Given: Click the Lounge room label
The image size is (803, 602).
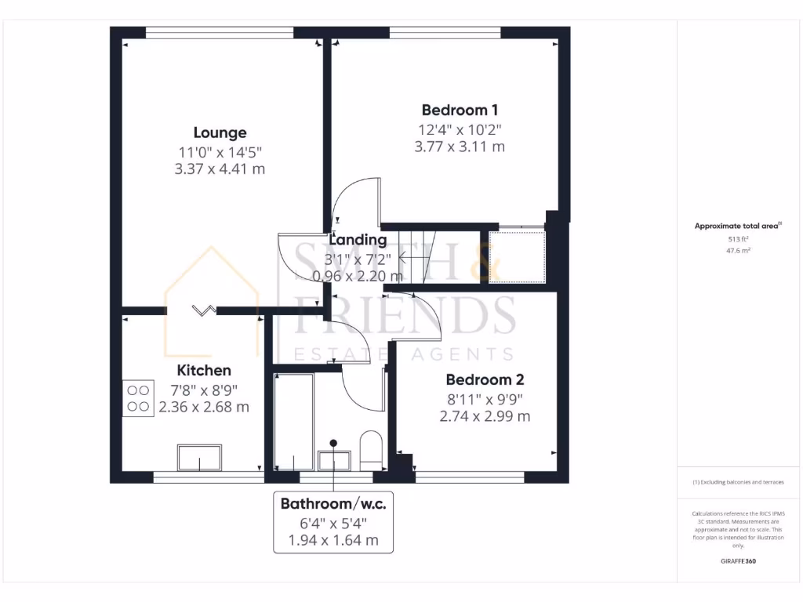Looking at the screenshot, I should point(220,133).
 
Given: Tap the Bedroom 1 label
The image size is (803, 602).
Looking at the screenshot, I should point(460,111).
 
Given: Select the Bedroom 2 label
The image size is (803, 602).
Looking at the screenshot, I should point(485,380).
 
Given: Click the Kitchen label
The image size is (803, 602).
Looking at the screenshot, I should point(204,371).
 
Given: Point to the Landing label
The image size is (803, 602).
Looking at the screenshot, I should point(358,240).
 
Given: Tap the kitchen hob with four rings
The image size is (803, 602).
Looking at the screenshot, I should point(138,397).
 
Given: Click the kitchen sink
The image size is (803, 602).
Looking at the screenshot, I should point(199,457).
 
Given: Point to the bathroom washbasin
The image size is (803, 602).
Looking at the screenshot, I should point(334,460).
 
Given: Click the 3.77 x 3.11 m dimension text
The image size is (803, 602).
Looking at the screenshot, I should point(460,146).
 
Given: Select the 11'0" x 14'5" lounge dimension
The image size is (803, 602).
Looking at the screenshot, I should point(220,151).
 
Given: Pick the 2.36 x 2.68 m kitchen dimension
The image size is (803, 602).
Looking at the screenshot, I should point(204,407).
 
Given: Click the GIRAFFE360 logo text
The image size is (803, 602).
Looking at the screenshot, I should point(738,561).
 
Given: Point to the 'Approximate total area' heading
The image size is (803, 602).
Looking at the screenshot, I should point(737,226).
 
